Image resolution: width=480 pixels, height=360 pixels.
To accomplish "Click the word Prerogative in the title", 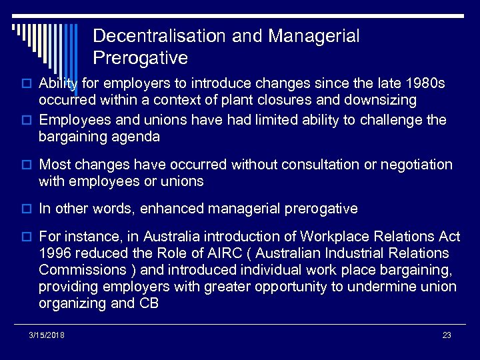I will point(140,58).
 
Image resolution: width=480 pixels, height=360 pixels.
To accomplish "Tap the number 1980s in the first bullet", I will point(423,84).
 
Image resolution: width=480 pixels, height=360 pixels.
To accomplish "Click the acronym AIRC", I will point(221,253).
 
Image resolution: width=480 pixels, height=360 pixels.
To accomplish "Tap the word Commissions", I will point(83,270).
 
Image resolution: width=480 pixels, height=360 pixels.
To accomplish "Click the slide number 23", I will point(447,335).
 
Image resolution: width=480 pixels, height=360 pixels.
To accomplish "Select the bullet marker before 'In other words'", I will point(29,209).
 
